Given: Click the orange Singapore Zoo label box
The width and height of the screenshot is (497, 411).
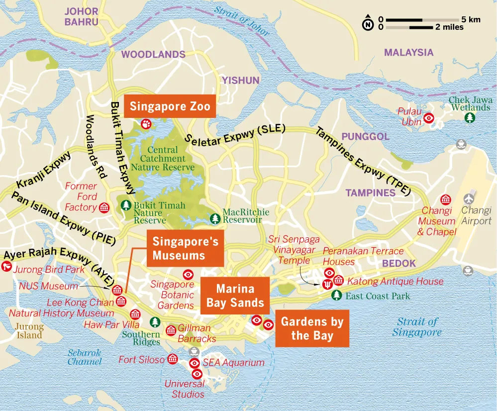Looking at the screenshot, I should click(x=170, y=106).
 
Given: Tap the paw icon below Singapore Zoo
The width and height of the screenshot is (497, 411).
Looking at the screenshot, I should click(x=146, y=123).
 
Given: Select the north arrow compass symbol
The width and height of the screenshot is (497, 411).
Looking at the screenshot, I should click(x=368, y=23).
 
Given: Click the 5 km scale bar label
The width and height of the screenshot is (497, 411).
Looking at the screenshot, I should click(x=471, y=19).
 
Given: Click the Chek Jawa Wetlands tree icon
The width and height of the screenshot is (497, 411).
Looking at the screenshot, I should click(x=469, y=117).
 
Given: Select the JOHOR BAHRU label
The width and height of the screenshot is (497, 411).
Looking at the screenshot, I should click(x=82, y=16).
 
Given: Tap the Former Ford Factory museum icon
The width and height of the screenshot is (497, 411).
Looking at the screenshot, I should click(x=104, y=207).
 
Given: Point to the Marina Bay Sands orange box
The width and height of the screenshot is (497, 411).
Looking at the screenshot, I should click(x=235, y=296).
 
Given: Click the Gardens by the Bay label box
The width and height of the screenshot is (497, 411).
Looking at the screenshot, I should click(x=312, y=328).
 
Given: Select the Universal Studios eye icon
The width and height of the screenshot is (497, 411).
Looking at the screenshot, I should click(x=197, y=374).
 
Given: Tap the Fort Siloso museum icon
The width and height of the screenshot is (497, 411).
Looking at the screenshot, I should click(x=173, y=359).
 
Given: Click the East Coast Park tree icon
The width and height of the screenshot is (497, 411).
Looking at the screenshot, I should click(x=337, y=296).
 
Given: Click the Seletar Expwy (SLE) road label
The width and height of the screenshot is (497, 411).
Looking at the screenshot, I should click(x=235, y=134).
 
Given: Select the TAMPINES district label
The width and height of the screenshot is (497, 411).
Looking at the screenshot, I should click(x=370, y=193).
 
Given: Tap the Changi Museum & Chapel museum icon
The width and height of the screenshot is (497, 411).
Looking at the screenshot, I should click(x=445, y=199).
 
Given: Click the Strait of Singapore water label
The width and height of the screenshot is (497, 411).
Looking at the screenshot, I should click(x=416, y=327).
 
